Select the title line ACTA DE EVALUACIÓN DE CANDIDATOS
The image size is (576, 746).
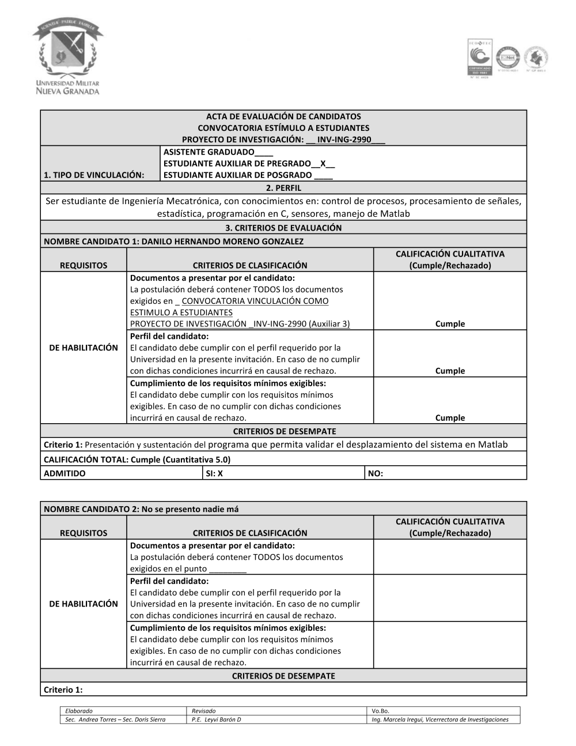pyautogui.click(x=283, y=116)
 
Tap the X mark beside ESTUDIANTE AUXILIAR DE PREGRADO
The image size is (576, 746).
pyautogui.click(x=323, y=164)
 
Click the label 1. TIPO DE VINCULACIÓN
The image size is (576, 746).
pyautogui.click(x=94, y=175)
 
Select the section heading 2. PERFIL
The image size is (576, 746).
pyautogui.click(x=283, y=188)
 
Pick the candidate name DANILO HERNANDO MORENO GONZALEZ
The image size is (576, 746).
pyautogui.click(x=222, y=242)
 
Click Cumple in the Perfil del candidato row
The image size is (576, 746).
pyautogui.click(x=450, y=371)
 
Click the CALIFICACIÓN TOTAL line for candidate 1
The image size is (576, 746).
pyautogui.click(x=137, y=459)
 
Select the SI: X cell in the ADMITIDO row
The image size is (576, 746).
pyautogui.click(x=214, y=473)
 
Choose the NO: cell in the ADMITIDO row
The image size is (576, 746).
pyautogui.click(x=376, y=473)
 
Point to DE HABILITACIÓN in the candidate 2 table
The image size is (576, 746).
pyautogui.click(x=84, y=604)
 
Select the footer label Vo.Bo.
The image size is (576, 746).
pyautogui.click(x=381, y=711)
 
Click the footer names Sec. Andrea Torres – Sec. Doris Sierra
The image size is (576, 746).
pyautogui.click(x=115, y=719)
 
